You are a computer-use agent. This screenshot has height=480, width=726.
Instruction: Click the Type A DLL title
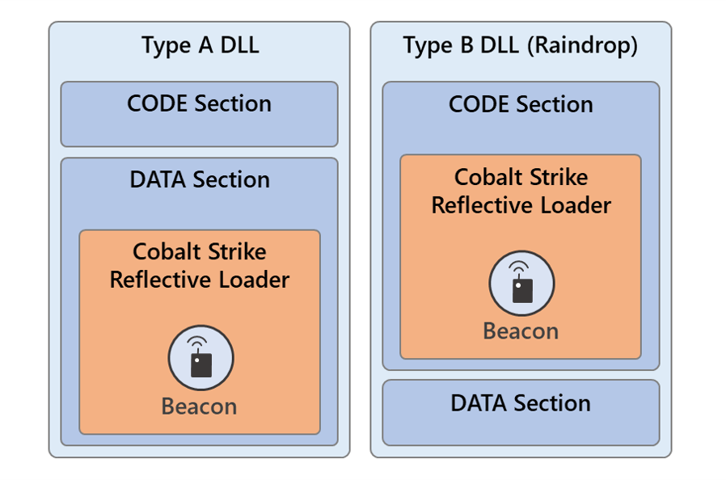coord(200,45)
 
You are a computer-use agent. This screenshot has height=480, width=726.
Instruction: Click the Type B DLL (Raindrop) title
coord(521,45)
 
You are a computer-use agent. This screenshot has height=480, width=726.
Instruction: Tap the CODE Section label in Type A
coord(199,103)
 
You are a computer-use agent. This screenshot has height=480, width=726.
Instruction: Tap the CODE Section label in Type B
coord(521,104)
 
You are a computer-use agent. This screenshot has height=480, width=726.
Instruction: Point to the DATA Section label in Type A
coord(200,179)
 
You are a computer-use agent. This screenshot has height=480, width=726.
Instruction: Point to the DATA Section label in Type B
coord(521,402)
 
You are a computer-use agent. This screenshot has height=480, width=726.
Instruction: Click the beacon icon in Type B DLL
coord(521,284)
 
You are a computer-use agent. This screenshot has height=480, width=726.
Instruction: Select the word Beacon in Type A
coord(200,406)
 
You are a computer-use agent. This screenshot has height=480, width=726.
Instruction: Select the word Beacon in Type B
coord(521,331)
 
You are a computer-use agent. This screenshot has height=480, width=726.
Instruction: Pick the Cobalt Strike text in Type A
coord(200,252)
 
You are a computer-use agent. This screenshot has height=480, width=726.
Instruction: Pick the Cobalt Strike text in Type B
coord(521,178)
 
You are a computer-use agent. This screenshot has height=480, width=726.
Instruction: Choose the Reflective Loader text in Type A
coord(200,280)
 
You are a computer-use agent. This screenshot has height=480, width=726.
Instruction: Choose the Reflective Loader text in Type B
coord(521,205)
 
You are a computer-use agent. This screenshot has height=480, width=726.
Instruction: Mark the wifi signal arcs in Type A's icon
coord(196,343)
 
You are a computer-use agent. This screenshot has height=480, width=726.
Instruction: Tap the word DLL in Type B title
coord(502,45)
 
